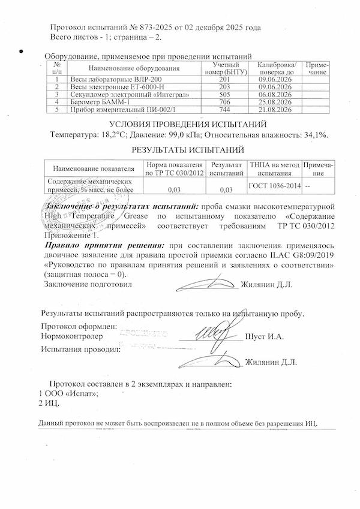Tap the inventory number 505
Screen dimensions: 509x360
pos(226,95)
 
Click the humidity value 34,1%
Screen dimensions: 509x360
pos(314,135)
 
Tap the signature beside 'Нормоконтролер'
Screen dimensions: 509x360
pos(213,333)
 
